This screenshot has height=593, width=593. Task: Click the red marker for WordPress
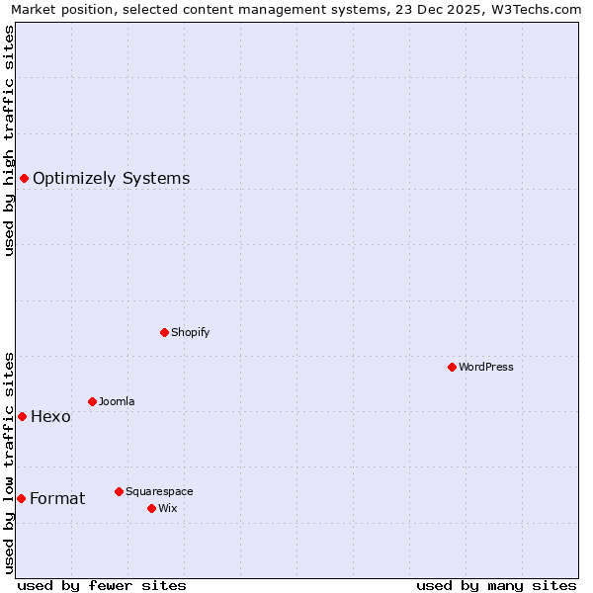coord(452,367)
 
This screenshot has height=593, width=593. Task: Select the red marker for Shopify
coord(164,332)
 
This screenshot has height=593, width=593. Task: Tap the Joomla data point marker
coord(92,401)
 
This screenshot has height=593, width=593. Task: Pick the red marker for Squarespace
coord(119,491)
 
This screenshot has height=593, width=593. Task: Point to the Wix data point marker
coord(151,508)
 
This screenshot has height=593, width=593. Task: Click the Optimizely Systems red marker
coord(24,178)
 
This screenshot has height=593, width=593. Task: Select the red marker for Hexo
coord(22,416)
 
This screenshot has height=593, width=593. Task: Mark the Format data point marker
coord(21,498)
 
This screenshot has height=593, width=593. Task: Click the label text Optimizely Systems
coord(111,179)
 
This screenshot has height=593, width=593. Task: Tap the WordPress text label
coord(486,368)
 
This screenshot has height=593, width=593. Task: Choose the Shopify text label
coord(191,333)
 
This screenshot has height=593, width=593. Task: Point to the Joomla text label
coord(117,402)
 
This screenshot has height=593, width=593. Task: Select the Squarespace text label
coord(159,492)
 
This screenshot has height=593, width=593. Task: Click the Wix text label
coord(168,509)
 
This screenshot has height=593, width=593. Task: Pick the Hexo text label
coord(50,417)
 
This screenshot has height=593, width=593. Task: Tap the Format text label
coord(57,499)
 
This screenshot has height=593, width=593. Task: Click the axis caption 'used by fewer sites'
coord(102,585)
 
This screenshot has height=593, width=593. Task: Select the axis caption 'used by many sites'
coord(496,585)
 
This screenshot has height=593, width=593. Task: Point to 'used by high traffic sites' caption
coord(9,140)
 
